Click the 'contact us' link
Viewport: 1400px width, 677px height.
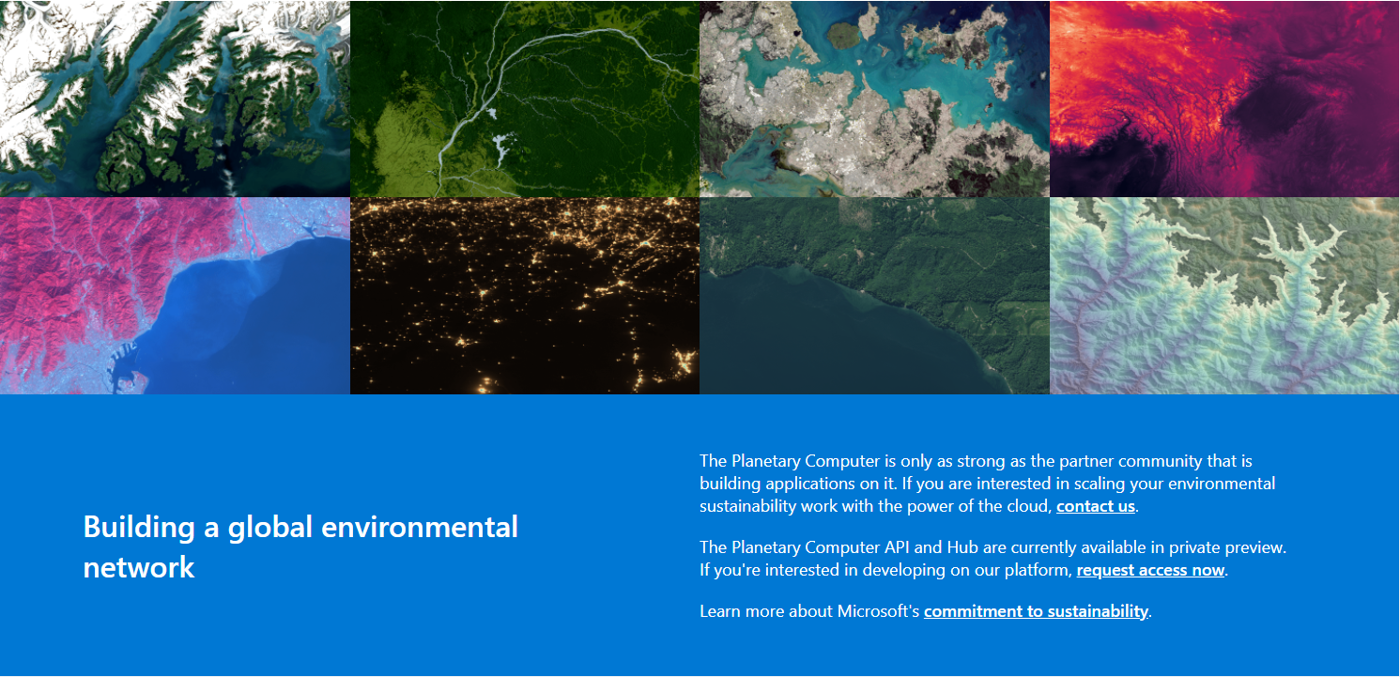(x=1096, y=506)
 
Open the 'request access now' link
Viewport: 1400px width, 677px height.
(x=1150, y=570)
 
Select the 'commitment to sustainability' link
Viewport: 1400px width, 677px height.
(x=1037, y=611)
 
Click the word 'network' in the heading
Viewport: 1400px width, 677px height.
(x=139, y=567)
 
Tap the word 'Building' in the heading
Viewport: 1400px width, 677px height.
(x=139, y=528)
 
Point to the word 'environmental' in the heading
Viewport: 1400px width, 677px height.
(x=420, y=527)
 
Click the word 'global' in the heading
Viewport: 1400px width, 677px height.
(x=269, y=528)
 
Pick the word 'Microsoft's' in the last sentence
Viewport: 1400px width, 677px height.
(x=878, y=610)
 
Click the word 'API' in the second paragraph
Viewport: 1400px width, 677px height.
(x=897, y=547)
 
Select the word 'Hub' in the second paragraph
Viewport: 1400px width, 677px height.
(x=962, y=547)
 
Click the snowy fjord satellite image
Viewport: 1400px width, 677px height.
(x=175, y=99)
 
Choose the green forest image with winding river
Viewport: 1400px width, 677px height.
(x=525, y=99)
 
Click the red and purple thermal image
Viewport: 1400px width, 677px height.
(x=1225, y=99)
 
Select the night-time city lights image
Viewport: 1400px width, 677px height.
(x=525, y=296)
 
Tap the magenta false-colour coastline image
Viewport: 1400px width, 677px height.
(x=175, y=296)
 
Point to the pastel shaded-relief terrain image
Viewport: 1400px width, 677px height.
(x=1225, y=296)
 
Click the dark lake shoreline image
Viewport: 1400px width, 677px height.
(x=875, y=296)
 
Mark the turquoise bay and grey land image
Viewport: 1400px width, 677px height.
(x=875, y=99)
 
